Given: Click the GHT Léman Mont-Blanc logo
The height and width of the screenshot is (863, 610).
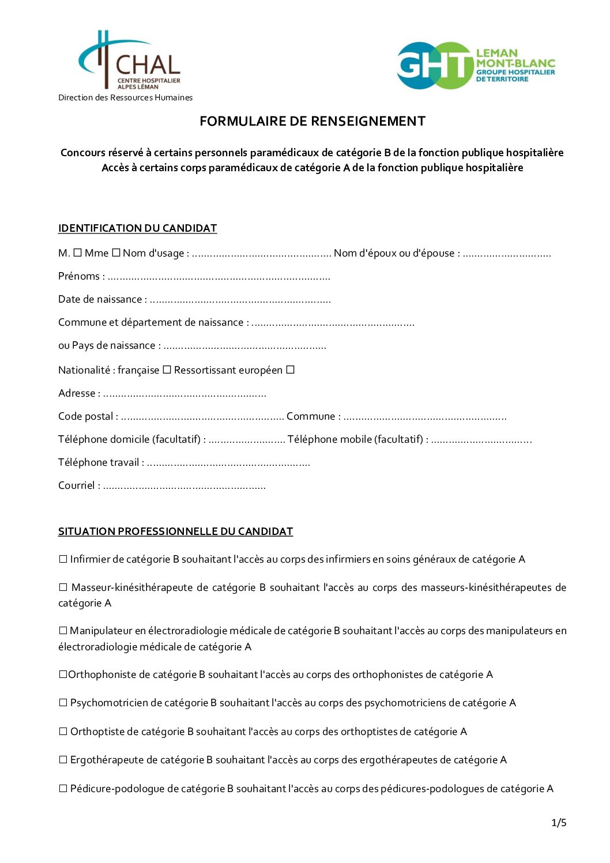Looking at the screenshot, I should pos(476,65).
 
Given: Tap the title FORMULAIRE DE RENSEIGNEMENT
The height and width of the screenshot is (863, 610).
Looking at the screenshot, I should pos(312,121).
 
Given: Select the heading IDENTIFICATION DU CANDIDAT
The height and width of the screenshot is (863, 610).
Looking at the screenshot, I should pos(137,228).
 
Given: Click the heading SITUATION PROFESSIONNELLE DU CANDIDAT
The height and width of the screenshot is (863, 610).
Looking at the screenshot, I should pos(175,532).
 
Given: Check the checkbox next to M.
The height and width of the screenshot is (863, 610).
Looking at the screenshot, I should pos(77,253).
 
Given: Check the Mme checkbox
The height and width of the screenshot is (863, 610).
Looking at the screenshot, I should pos(116,253).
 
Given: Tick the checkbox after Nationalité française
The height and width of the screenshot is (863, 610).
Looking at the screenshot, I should pos(167,370).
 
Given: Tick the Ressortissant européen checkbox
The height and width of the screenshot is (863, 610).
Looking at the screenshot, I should pos(290,370).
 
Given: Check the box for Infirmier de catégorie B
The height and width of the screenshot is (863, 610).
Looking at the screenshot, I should pos(63,559).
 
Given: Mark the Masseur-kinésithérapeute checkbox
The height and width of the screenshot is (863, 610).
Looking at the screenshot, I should pos(63,587).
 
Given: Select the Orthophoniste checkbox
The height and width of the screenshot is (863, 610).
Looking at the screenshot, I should pos(63,674).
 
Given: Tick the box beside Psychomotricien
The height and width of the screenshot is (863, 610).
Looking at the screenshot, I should pos(63,703).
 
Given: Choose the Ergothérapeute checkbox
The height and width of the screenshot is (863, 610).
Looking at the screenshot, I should pos(63,760).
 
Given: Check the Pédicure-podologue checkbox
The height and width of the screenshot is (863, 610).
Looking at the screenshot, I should pos(63,789).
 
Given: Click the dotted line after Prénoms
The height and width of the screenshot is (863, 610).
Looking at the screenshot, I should pos(219,277).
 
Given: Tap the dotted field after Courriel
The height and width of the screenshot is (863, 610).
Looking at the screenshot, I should pos(184,487).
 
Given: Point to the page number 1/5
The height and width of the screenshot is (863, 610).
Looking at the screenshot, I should pos(559,823).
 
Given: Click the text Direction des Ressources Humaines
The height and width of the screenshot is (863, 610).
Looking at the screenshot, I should pos(125,97).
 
